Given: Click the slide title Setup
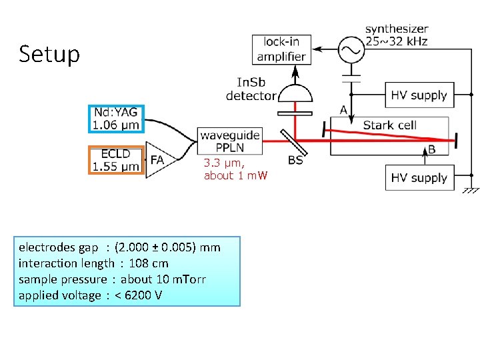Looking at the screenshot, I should pyautogui.click(x=49, y=53).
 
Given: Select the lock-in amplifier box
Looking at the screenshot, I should pyautogui.click(x=281, y=49).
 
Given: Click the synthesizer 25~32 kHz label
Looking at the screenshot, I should pyautogui.click(x=397, y=35).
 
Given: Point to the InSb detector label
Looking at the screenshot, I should pyautogui.click(x=251, y=89).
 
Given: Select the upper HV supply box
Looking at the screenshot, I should pyautogui.click(x=419, y=95).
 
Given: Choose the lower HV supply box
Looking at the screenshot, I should pyautogui.click(x=419, y=178).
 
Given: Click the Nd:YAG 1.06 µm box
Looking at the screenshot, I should pyautogui.click(x=115, y=119).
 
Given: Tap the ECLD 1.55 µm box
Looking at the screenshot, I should pyautogui.click(x=116, y=160).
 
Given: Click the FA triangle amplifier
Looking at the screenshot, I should pyautogui.click(x=155, y=160).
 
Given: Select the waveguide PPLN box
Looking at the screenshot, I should pyautogui.click(x=229, y=141).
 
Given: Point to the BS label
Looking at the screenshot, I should pyautogui.click(x=295, y=160).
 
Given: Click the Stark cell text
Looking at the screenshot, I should pyautogui.click(x=389, y=125).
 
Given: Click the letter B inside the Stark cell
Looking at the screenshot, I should pyautogui.click(x=431, y=149).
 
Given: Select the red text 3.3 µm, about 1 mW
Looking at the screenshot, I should pyautogui.click(x=235, y=169).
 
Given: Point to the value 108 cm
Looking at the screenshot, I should pyautogui.click(x=151, y=263).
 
